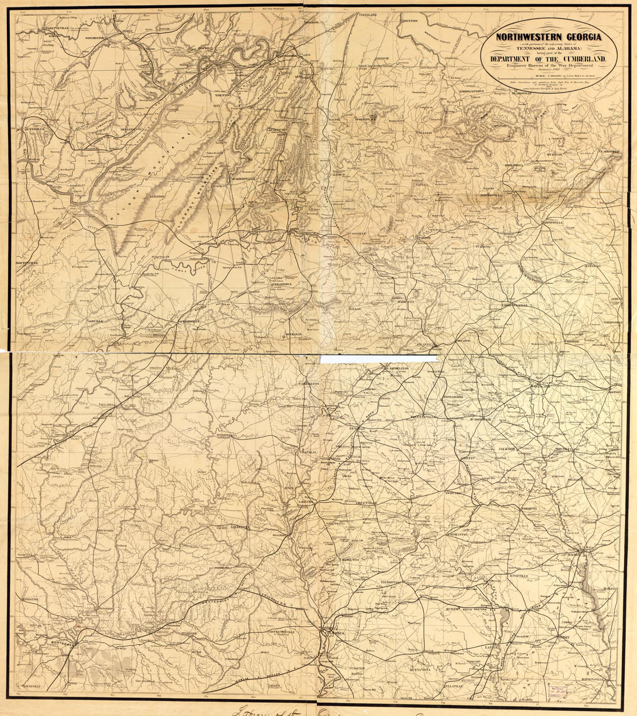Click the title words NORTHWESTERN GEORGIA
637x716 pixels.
pos(548,38)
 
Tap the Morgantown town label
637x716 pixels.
pos(472,91)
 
